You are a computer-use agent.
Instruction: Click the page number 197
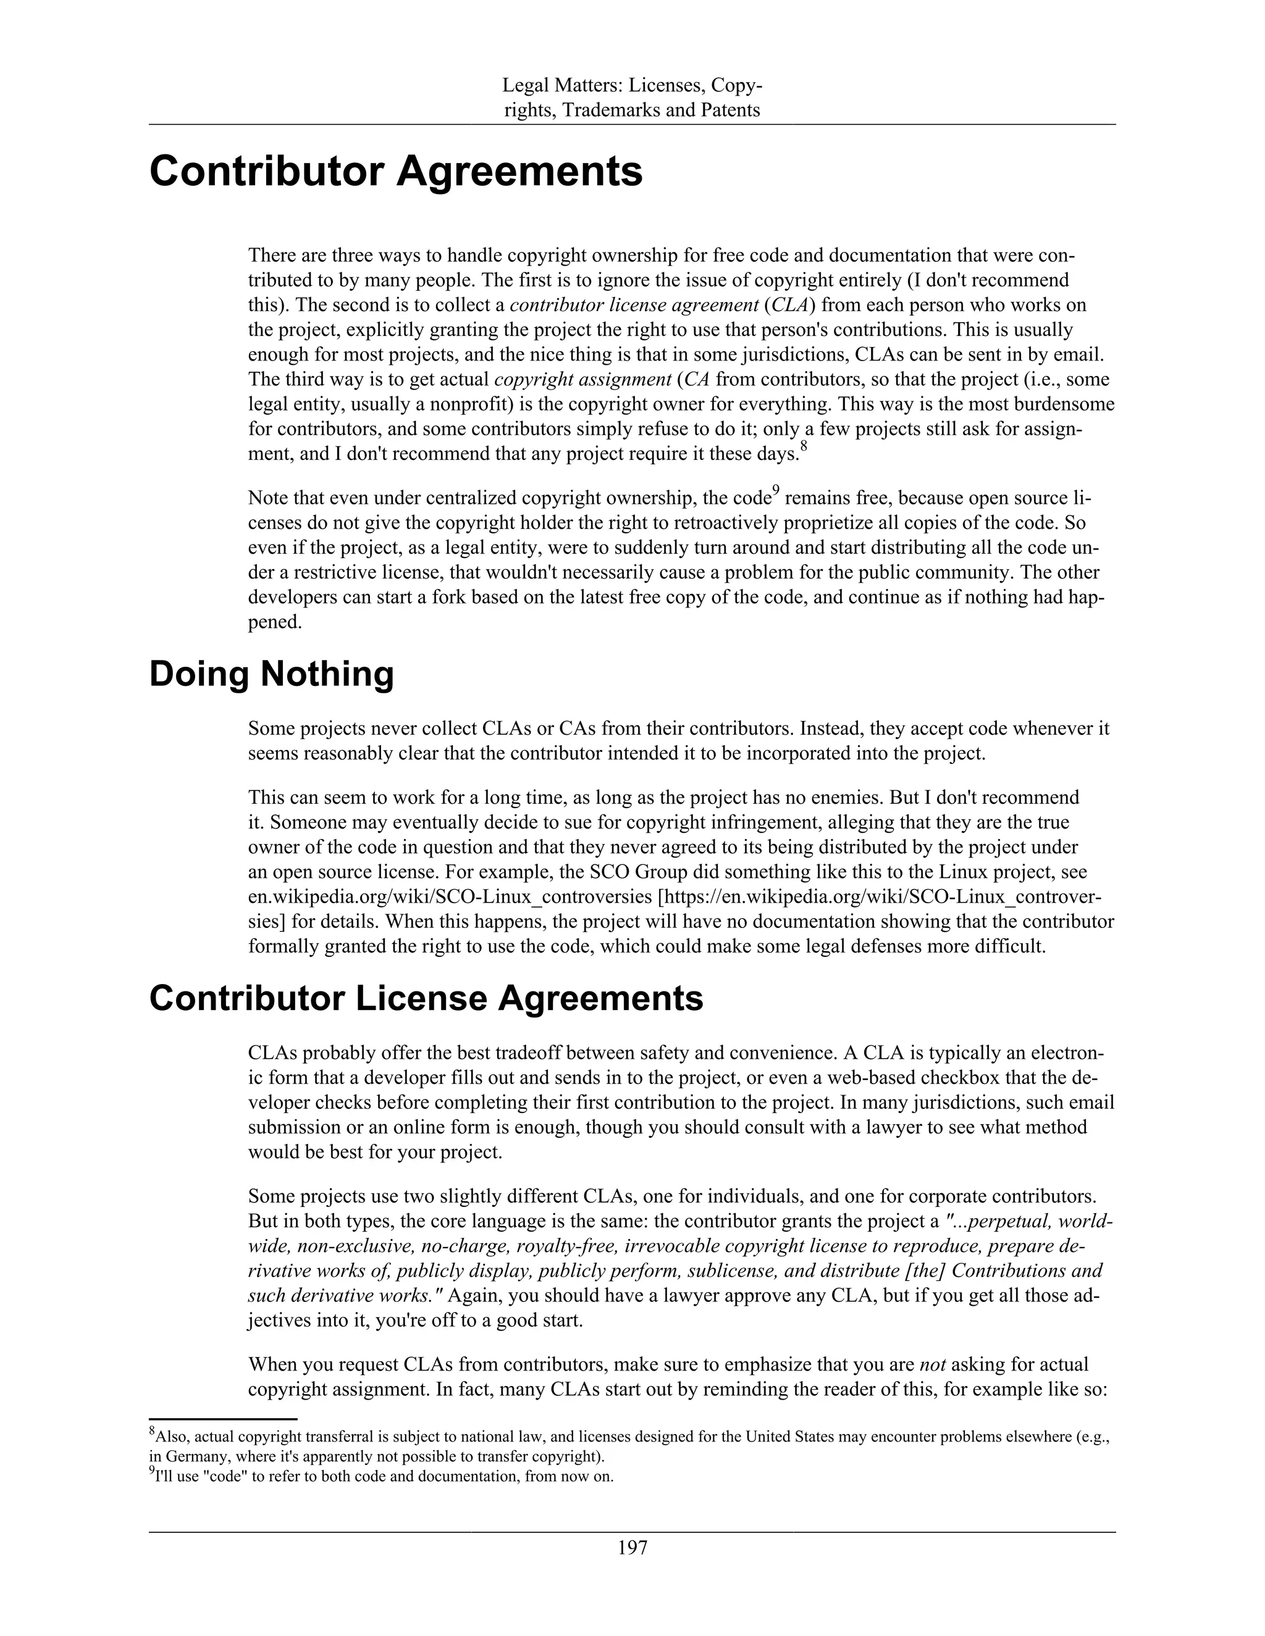(x=632, y=1548)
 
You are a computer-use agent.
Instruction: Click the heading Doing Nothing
(x=271, y=674)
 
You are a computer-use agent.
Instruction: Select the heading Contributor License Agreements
(x=426, y=998)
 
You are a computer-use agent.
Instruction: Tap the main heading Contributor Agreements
(x=396, y=172)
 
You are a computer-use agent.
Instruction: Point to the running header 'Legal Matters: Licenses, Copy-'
(x=632, y=86)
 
